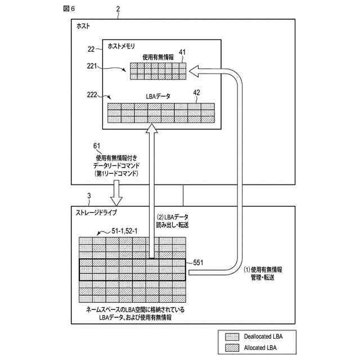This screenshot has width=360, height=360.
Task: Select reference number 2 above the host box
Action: pos(118,9)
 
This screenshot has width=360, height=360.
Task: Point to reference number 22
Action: pos(91,49)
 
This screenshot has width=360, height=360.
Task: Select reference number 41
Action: pos(182,52)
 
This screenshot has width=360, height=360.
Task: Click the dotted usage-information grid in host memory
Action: pos(158,71)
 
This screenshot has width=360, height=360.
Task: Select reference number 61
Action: pos(97,146)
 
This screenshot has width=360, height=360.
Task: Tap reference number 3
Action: pos(88,196)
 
